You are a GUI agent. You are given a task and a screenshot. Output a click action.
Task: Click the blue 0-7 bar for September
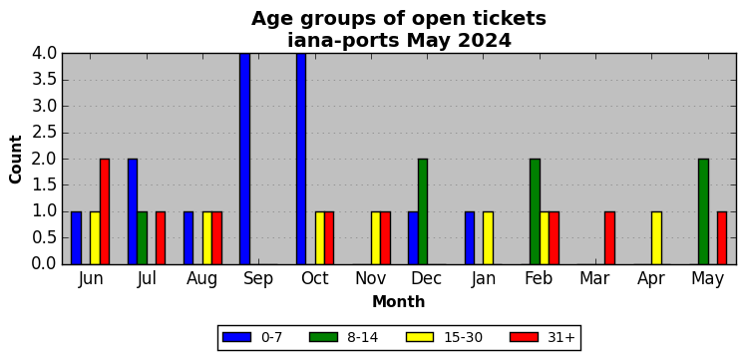tap(244, 159)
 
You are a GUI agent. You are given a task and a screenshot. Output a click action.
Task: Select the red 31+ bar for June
tap(105, 211)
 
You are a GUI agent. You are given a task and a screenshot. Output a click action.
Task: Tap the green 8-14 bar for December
tap(423, 211)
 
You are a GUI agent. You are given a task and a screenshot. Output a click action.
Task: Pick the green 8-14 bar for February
tap(535, 211)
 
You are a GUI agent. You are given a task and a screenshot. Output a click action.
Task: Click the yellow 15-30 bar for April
tap(656, 238)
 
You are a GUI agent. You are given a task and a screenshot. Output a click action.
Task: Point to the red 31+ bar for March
tap(610, 238)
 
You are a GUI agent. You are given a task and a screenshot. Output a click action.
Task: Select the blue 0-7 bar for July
tap(133, 211)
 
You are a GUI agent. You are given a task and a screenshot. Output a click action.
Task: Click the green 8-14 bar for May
tap(704, 211)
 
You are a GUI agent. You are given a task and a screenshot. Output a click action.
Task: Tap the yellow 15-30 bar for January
tap(489, 238)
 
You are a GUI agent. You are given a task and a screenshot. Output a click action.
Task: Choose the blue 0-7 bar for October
tap(301, 159)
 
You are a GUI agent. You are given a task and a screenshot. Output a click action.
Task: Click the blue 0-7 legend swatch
tap(236, 337)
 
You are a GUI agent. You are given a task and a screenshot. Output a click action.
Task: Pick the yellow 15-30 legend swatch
tap(420, 337)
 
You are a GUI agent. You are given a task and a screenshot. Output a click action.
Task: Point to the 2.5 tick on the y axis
tap(63, 133)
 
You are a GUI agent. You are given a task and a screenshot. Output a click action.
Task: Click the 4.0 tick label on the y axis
tap(44, 53)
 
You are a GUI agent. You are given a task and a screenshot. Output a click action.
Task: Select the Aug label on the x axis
tap(202, 279)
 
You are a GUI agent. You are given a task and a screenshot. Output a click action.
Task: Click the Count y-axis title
tap(16, 160)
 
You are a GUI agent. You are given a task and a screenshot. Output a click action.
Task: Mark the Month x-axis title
tap(399, 301)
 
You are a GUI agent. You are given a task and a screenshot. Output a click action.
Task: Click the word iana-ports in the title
tap(343, 41)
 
